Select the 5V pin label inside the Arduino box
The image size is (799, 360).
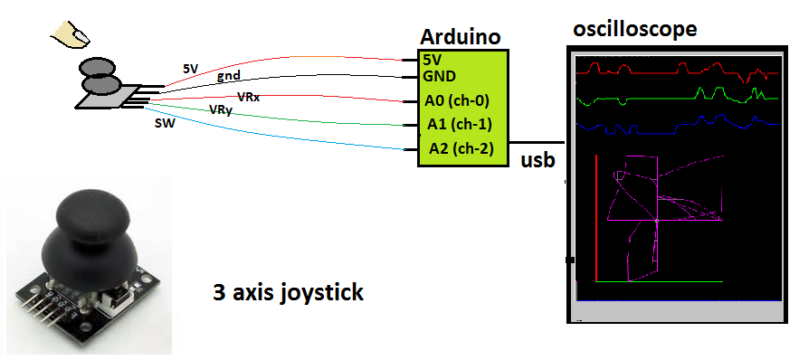[433, 59]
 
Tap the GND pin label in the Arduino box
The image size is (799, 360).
[439, 75]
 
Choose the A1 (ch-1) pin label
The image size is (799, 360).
[459, 124]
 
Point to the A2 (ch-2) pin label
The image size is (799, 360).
[461, 147]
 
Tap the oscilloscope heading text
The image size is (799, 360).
[635, 29]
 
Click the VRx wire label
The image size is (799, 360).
[248, 96]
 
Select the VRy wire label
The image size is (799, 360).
[220, 109]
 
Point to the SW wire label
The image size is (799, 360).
[165, 123]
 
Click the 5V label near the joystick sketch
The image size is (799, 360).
[191, 68]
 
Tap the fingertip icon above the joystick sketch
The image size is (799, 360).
[71, 34]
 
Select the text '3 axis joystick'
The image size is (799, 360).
[288, 292]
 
